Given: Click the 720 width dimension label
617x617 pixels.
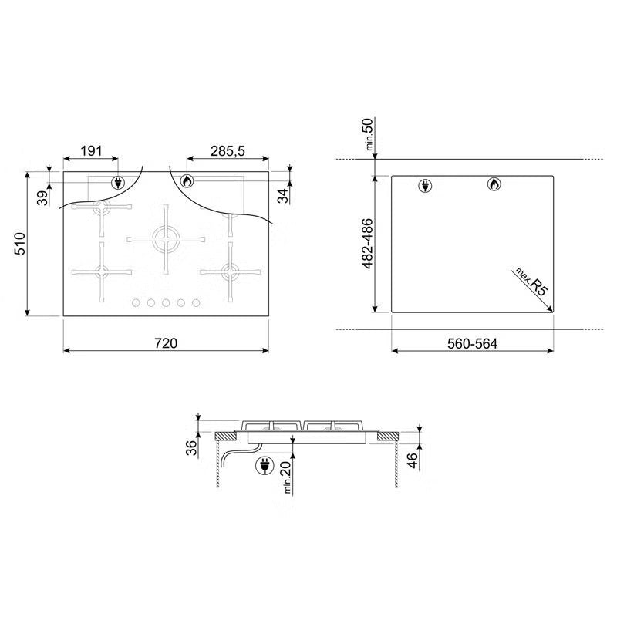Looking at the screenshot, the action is [166, 343].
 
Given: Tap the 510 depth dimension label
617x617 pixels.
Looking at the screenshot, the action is [20, 244].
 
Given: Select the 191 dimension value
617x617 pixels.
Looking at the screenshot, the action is [91, 150].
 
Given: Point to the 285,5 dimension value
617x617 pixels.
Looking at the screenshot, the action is [228, 150].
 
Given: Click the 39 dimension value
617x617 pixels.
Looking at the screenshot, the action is [42, 197].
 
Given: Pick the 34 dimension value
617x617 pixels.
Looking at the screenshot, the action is [282, 196].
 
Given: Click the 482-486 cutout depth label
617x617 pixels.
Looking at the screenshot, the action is [367, 244].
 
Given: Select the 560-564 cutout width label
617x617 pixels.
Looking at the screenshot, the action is [472, 343].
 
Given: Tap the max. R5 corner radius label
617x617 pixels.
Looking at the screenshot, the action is [531, 282].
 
